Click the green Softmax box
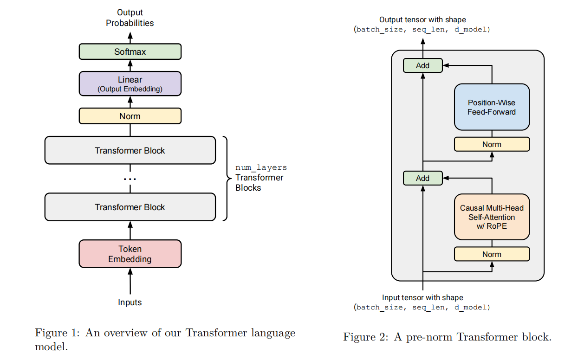[x=130, y=51]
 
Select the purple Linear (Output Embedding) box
[x=130, y=84]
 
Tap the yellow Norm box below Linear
[x=130, y=116]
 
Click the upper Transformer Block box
[x=130, y=150]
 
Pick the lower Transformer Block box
[x=130, y=207]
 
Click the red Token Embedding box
[x=130, y=254]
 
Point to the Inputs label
[x=130, y=302]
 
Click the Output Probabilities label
[x=130, y=18]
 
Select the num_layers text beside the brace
[x=261, y=167]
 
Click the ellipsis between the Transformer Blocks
[x=130, y=179]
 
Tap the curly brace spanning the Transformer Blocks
[x=226, y=178]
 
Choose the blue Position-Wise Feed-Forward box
[x=492, y=107]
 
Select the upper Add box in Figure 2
[x=422, y=65]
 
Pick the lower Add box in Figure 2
[x=422, y=178]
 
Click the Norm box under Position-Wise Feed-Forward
[x=492, y=144]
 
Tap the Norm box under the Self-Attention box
[x=492, y=254]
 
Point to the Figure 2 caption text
[x=447, y=337]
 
